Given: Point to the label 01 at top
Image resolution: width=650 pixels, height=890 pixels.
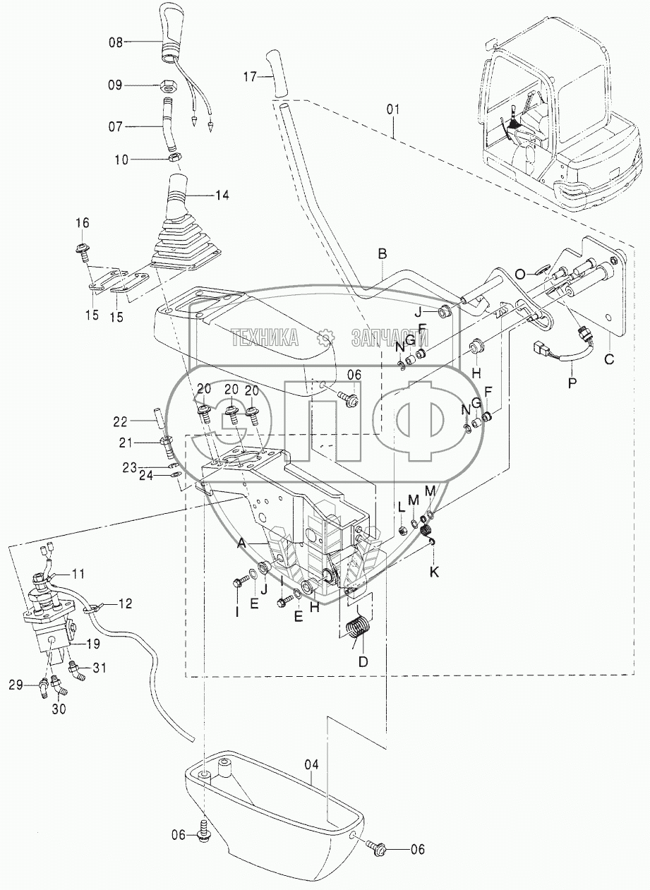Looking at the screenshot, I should [x=393, y=109].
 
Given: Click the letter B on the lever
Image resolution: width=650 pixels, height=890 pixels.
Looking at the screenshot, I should [x=382, y=252].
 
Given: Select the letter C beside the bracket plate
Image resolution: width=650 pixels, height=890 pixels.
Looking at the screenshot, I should [x=609, y=359].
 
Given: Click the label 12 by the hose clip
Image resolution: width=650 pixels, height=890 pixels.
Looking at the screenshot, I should [x=125, y=603].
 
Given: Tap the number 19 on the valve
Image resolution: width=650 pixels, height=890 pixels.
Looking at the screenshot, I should [x=92, y=644].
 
